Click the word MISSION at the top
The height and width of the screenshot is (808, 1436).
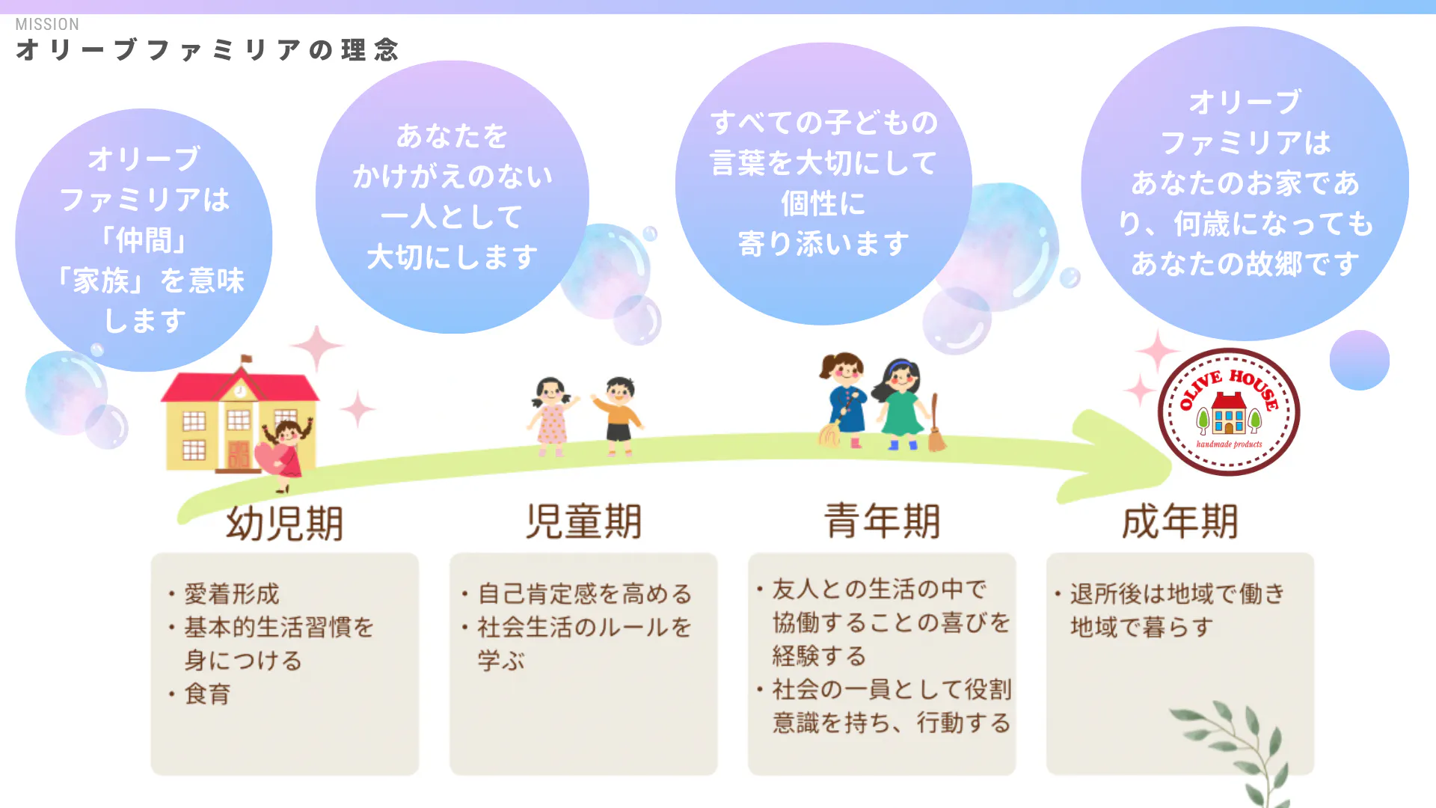(x=47, y=24)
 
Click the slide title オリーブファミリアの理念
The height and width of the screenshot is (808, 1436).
(x=208, y=50)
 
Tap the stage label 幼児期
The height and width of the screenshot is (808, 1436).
(x=285, y=523)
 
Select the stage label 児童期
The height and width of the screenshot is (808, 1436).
(x=583, y=521)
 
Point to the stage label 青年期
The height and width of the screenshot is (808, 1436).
(x=882, y=521)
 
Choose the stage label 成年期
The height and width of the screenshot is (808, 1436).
(x=1180, y=521)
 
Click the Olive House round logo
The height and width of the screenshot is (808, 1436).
(x=1229, y=412)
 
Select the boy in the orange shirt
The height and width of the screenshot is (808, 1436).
(x=619, y=416)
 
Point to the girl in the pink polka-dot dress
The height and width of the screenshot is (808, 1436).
(x=552, y=416)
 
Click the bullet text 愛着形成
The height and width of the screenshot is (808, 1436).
(x=232, y=594)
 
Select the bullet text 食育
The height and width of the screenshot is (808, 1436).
(x=208, y=694)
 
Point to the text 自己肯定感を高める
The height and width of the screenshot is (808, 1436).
(x=585, y=594)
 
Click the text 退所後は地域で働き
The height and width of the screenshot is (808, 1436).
(x=1177, y=594)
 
